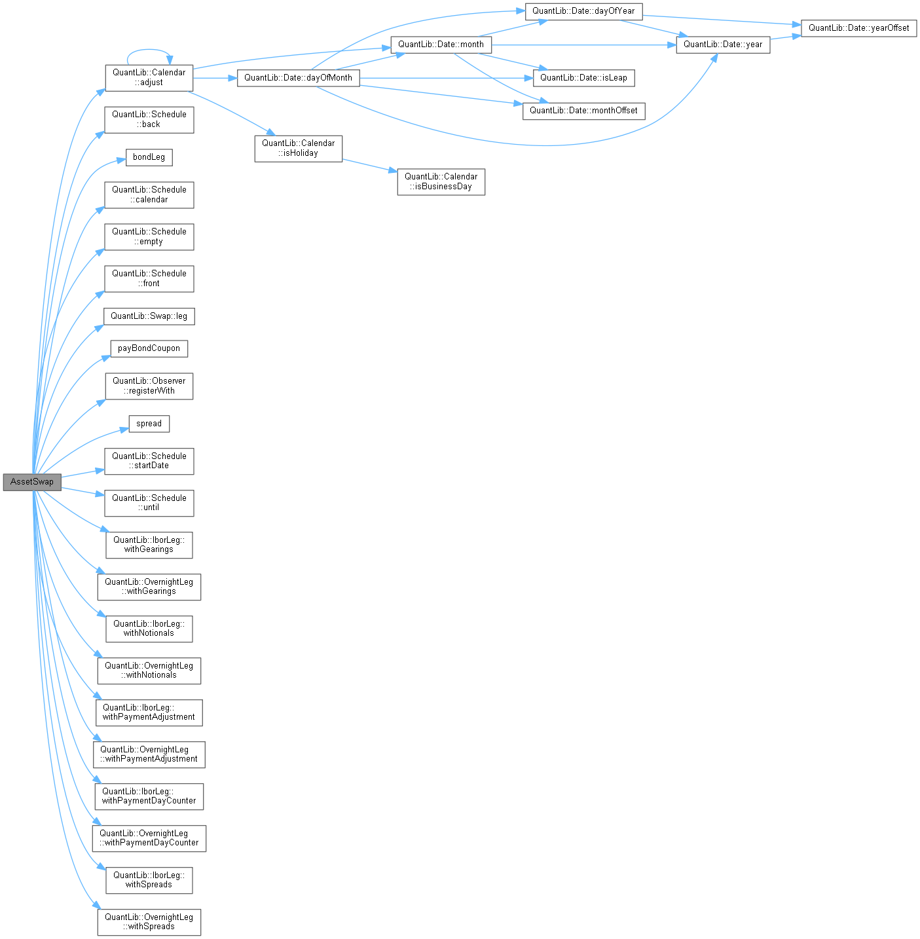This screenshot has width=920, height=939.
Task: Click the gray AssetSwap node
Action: pyautogui.click(x=32, y=482)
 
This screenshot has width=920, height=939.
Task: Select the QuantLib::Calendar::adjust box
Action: pyautogui.click(x=149, y=78)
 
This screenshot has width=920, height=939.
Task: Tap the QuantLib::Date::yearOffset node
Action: pyautogui.click(x=858, y=28)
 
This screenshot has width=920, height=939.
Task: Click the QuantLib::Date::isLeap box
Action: pyautogui.click(x=583, y=78)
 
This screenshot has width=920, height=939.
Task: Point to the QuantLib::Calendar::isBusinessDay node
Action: pyautogui.click(x=441, y=181)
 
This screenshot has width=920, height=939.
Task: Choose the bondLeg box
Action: pyautogui.click(x=149, y=157)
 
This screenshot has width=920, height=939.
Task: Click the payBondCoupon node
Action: pyautogui.click(x=149, y=348)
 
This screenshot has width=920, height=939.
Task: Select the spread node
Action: pyautogui.click(x=149, y=424)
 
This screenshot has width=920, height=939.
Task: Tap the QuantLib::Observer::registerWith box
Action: pyautogui.click(x=149, y=386)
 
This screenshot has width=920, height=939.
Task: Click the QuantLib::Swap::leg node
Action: pyautogui.click(x=149, y=316)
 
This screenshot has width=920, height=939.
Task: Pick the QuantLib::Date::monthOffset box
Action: pyautogui.click(x=583, y=111)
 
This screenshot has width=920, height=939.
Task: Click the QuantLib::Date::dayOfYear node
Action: pyautogui.click(x=583, y=11)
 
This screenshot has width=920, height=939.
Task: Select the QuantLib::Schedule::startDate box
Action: pyautogui.click(x=149, y=461)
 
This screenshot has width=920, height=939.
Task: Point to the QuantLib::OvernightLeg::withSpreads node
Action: pyautogui.click(x=149, y=922)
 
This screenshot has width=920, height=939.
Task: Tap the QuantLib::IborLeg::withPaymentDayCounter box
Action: pyautogui.click(x=149, y=796)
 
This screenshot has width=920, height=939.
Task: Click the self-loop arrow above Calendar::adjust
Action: pyautogui.click(x=149, y=50)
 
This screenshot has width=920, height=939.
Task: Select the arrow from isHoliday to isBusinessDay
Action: pyautogui.click(x=369, y=165)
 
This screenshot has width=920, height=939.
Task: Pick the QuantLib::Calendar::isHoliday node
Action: pyautogui.click(x=298, y=148)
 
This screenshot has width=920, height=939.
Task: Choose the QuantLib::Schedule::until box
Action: pyautogui.click(x=149, y=503)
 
